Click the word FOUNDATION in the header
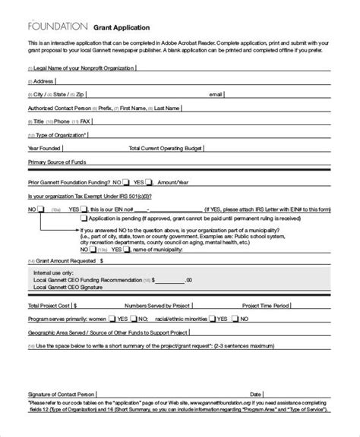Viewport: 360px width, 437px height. [x=55, y=25]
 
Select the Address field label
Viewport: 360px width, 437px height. [x=43, y=80]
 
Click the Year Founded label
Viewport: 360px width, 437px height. [x=43, y=149]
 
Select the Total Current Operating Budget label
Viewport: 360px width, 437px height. [x=165, y=149]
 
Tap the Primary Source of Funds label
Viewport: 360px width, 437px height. [x=59, y=162]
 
